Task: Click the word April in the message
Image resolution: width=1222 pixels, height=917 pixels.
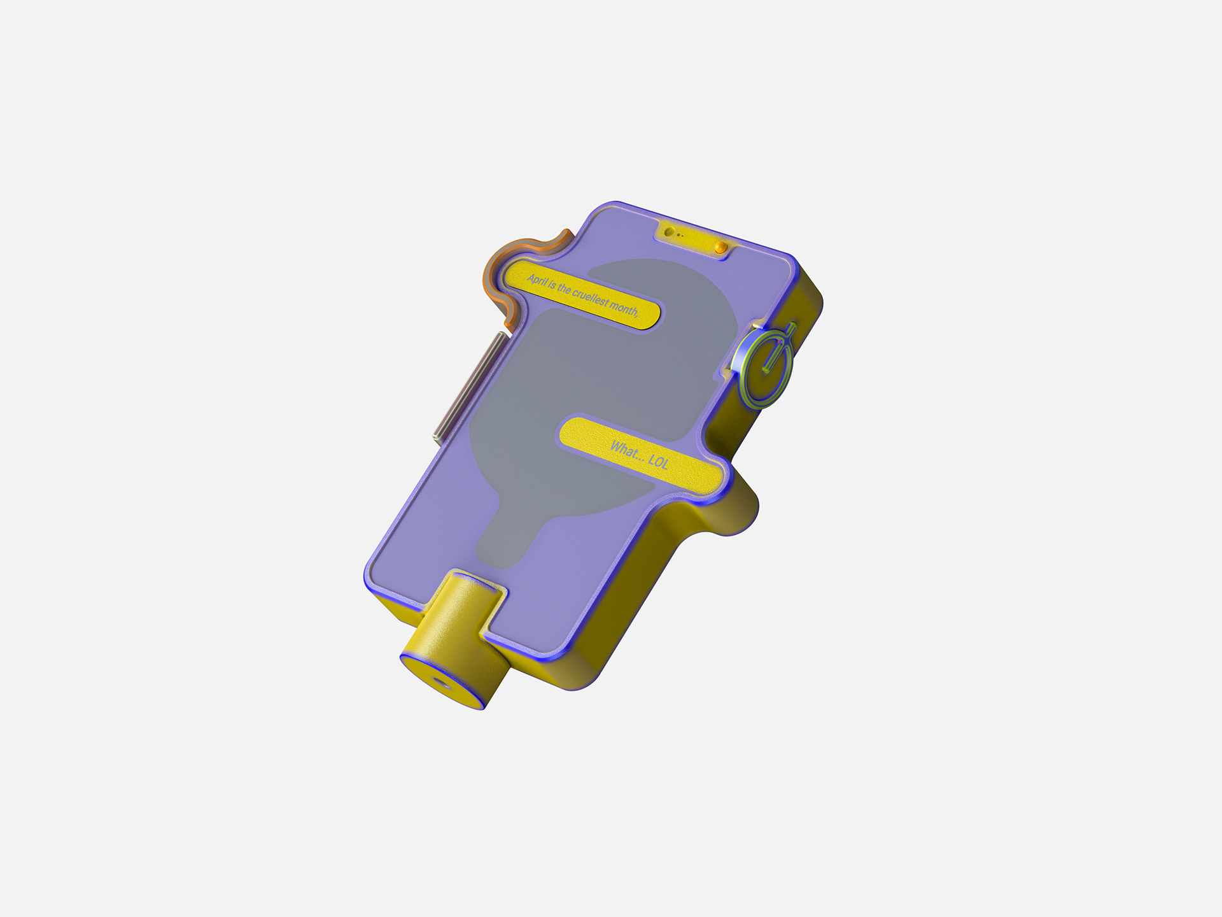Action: tap(537, 280)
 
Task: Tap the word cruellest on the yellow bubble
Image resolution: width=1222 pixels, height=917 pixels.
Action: tap(590, 297)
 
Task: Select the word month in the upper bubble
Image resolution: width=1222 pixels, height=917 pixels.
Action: tap(624, 308)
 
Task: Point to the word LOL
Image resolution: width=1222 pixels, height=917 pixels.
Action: tap(658, 461)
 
